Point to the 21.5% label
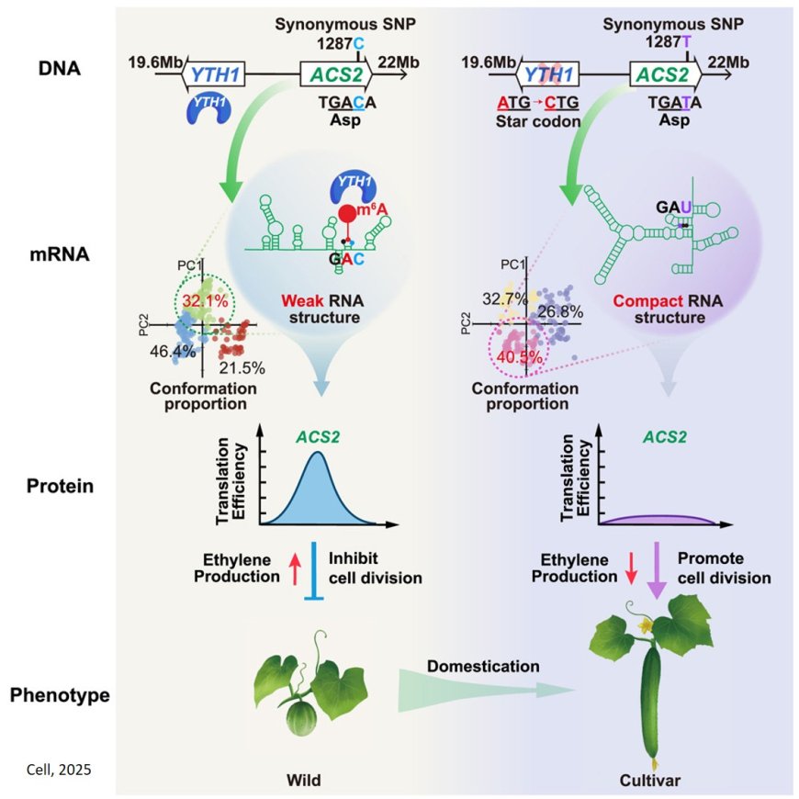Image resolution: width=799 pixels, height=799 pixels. point(242,367)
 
